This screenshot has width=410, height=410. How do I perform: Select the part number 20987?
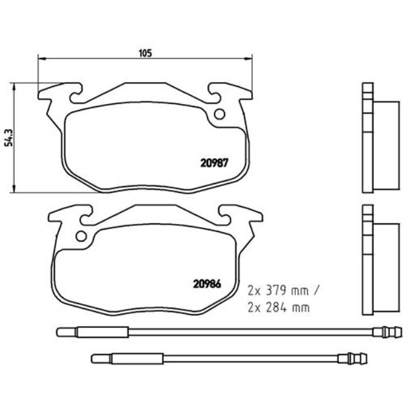coord(213,161)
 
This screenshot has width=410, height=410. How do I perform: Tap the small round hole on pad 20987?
coord(220,114)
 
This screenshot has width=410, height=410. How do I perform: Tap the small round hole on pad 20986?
coord(80,237)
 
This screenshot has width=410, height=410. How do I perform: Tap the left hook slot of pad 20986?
coord(84,218)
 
